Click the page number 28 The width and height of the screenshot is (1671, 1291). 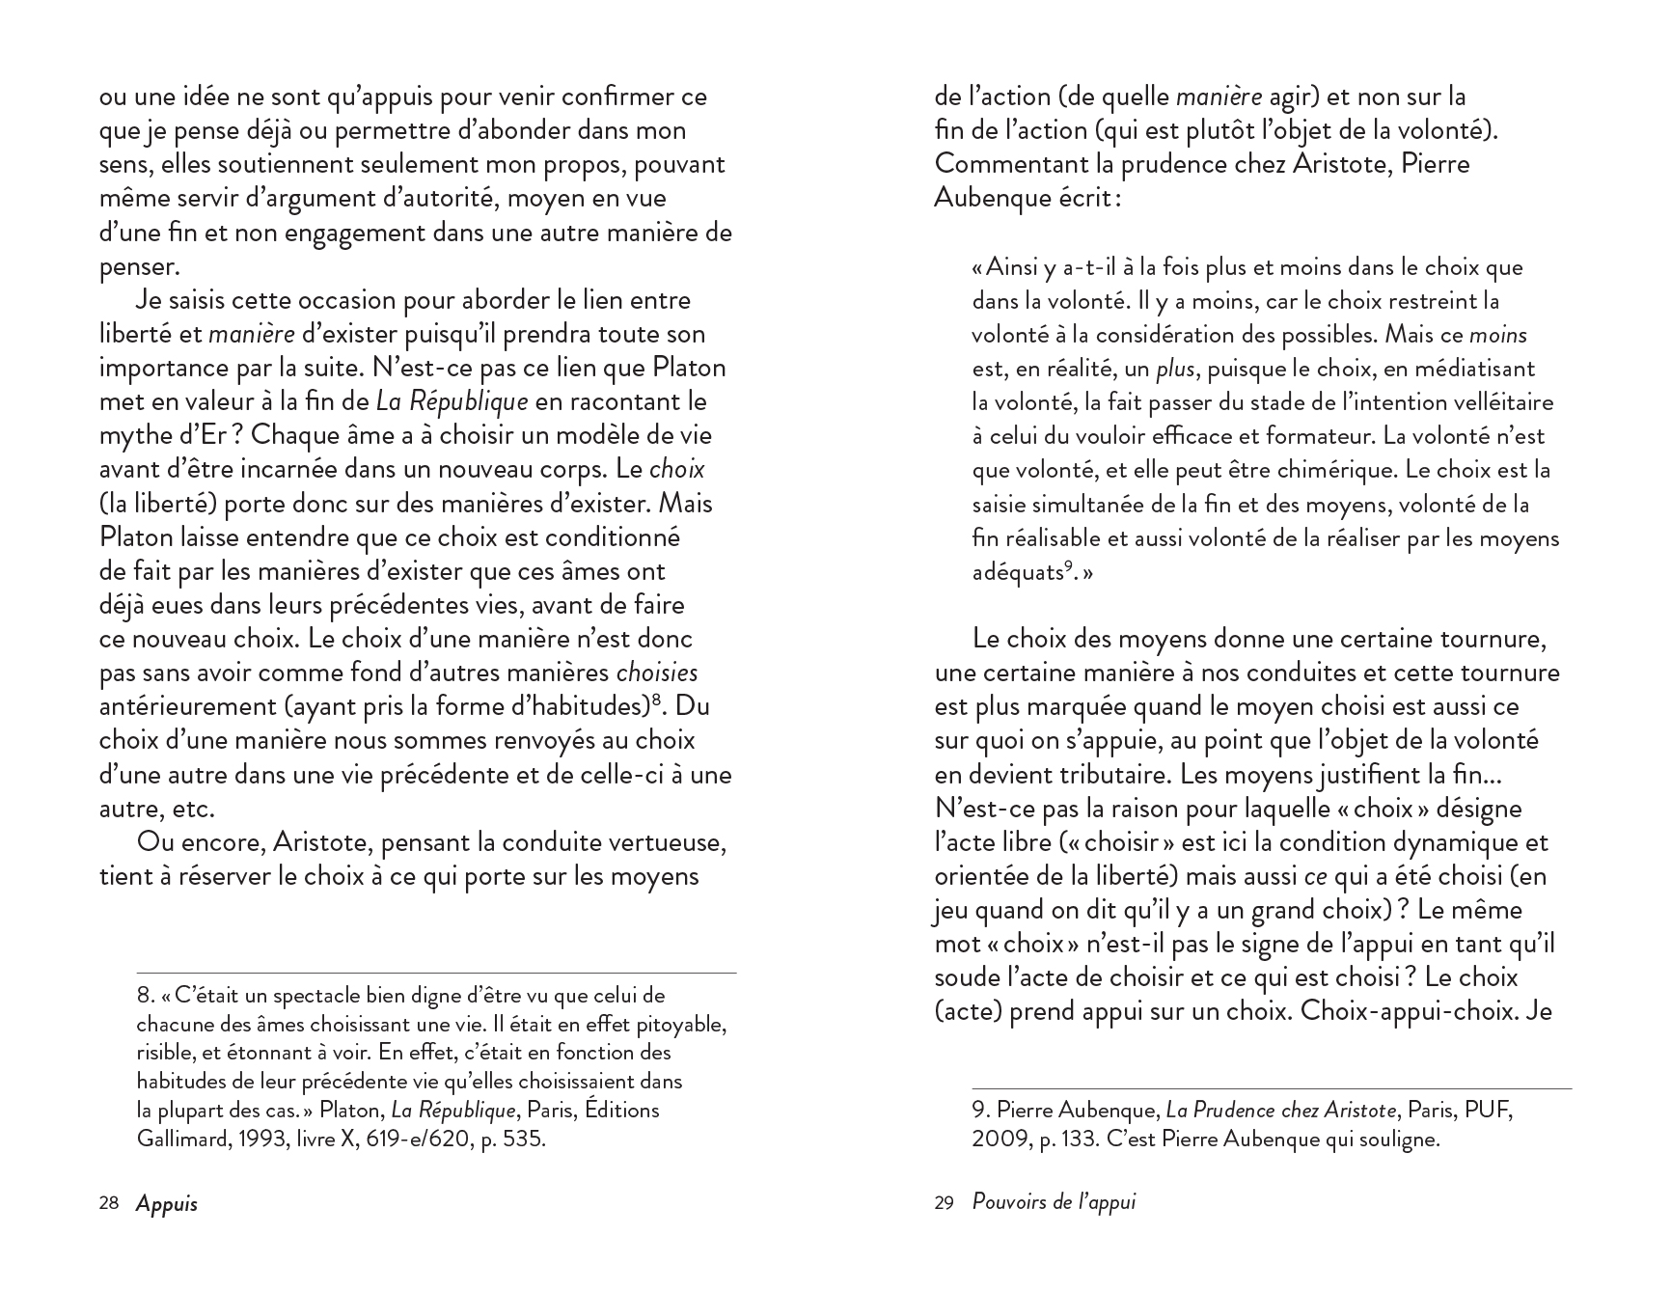[108, 1203]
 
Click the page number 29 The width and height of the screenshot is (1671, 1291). [944, 1203]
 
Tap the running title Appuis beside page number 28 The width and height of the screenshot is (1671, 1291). [166, 1203]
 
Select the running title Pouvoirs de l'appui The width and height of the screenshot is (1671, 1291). [1054, 1203]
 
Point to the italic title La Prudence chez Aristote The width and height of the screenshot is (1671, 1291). [1280, 1110]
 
